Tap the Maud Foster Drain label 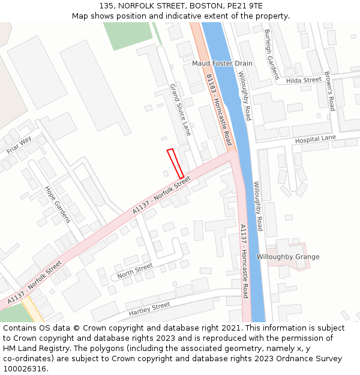(x=222, y=63)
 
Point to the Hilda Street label (x=304, y=80)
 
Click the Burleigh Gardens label (x=271, y=54)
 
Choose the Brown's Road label (x=329, y=91)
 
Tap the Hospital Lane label (x=316, y=139)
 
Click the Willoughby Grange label (x=288, y=257)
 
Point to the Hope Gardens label (x=58, y=204)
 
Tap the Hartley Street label (x=149, y=308)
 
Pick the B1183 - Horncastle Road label (x=218, y=110)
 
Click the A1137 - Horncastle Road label (x=244, y=261)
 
